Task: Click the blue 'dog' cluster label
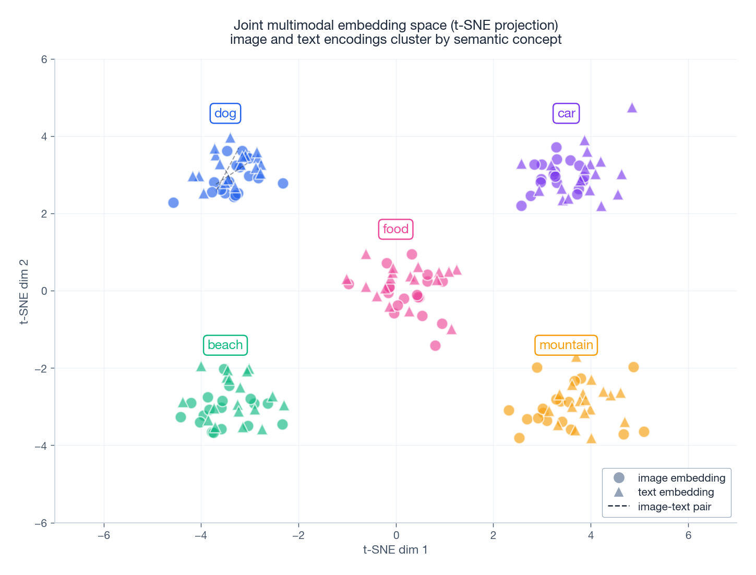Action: click(225, 113)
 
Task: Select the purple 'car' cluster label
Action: click(566, 113)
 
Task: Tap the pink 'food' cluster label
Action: click(395, 229)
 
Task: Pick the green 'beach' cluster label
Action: click(225, 345)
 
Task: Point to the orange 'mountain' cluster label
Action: click(566, 345)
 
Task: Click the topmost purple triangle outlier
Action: click(632, 107)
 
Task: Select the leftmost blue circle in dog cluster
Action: click(174, 202)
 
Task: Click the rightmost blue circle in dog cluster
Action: click(283, 183)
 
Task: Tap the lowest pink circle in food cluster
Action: click(435, 345)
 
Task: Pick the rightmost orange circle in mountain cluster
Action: click(644, 432)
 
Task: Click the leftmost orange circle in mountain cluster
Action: click(509, 410)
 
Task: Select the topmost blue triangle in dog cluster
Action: click(230, 138)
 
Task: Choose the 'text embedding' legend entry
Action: click(676, 492)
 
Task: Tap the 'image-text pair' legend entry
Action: click(674, 507)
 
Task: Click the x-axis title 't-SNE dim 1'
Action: click(395, 549)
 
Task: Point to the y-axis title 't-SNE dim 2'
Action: click(23, 291)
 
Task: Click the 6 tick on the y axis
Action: click(44, 59)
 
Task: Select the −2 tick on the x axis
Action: click(298, 535)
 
